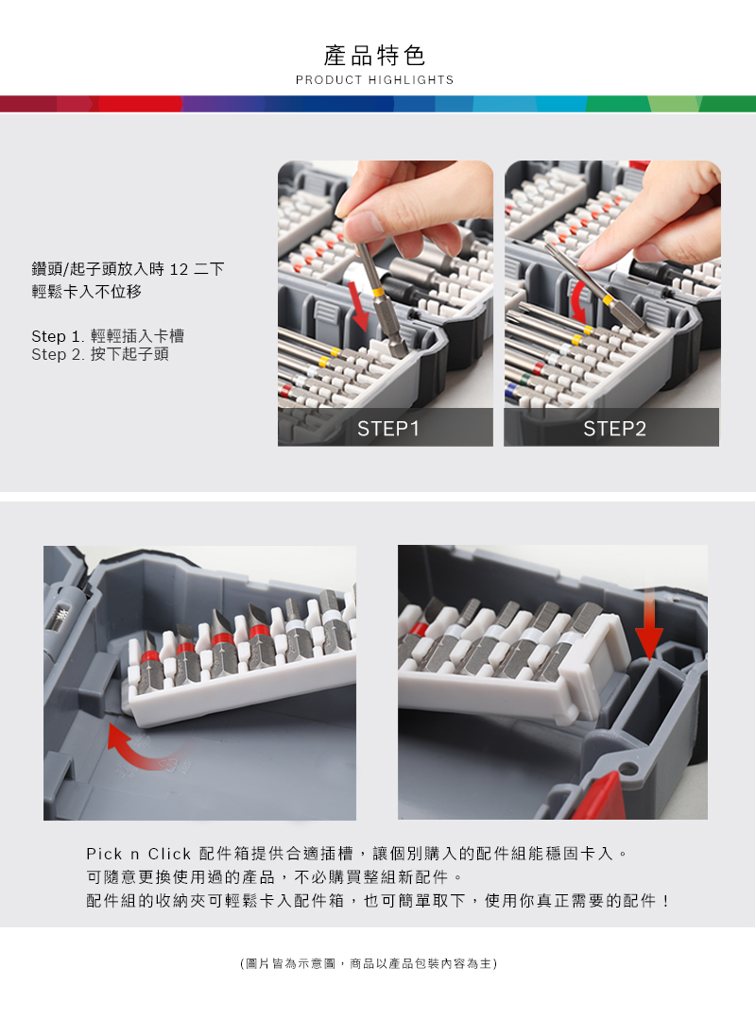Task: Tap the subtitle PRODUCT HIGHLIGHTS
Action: click(x=374, y=80)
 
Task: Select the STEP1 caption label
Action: click(x=387, y=429)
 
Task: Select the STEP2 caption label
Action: click(x=614, y=429)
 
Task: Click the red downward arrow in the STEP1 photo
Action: click(x=359, y=305)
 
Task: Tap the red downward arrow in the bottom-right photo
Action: click(x=648, y=625)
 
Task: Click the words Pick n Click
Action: click(x=138, y=854)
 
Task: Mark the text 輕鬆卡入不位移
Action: click(x=87, y=292)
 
